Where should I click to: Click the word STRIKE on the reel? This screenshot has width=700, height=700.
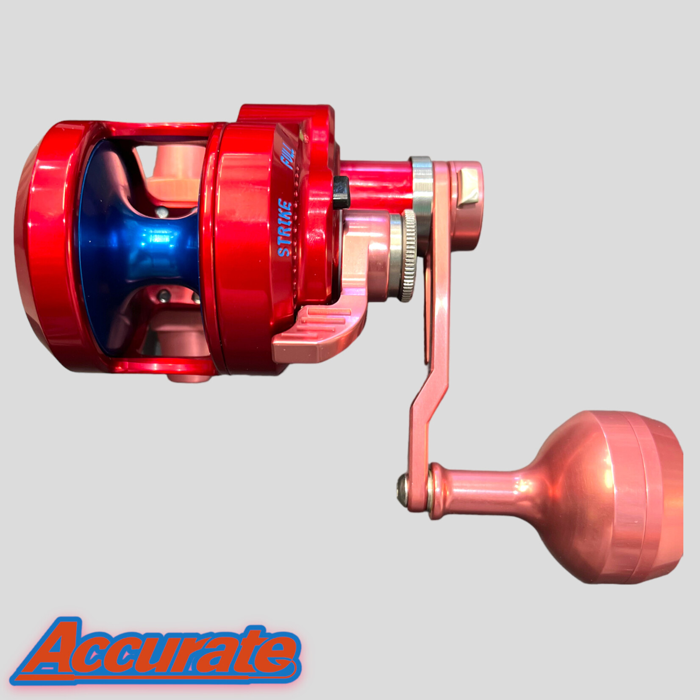coord(285,229)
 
